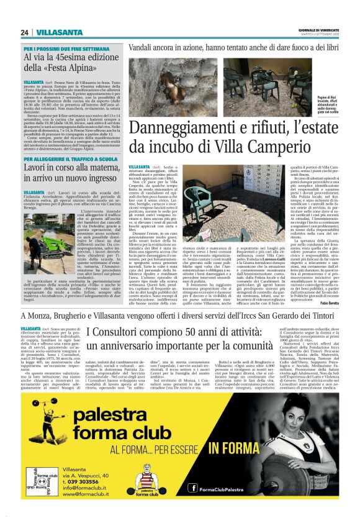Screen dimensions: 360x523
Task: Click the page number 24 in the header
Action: (x=24, y=32)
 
